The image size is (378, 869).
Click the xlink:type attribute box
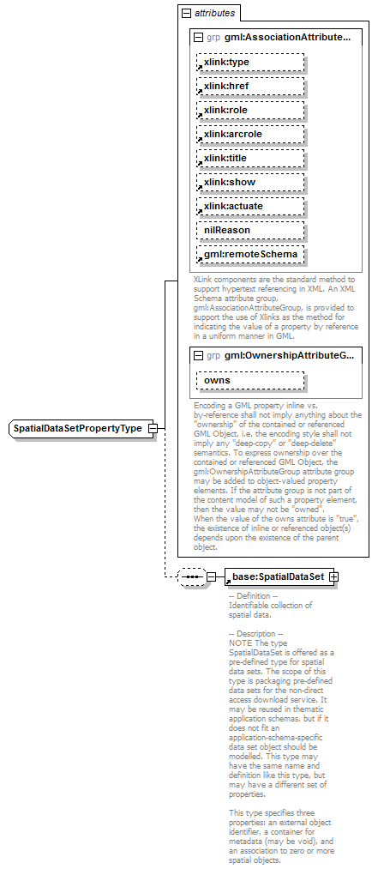pyautogui.click(x=251, y=63)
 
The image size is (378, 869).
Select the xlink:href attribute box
pyautogui.click(x=251, y=87)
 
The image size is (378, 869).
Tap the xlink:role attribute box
pyautogui.click(x=251, y=111)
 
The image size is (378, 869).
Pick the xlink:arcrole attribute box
pyautogui.click(x=251, y=135)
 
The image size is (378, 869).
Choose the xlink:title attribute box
pyautogui.click(x=251, y=159)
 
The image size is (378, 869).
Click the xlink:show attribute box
pyautogui.click(x=251, y=183)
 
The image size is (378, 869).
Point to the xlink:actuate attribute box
pyautogui.click(x=251, y=207)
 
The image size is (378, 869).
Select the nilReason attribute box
pyautogui.click(x=251, y=231)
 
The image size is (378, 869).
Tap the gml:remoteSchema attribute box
pyautogui.click(x=251, y=255)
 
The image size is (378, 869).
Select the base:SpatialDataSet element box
pyautogui.click(x=276, y=576)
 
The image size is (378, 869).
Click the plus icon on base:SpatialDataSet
pyautogui.click(x=333, y=576)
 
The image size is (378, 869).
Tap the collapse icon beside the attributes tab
pyautogui.click(x=185, y=14)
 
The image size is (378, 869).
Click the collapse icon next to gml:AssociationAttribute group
pyautogui.click(x=199, y=38)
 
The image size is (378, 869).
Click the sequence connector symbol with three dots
pyautogui.click(x=190, y=576)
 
